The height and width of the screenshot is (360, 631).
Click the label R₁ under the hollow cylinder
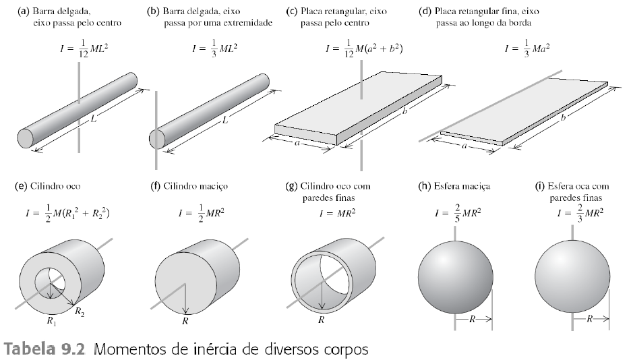pyautogui.click(x=51, y=322)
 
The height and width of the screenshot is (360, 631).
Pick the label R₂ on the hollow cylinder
pyautogui.click(x=80, y=311)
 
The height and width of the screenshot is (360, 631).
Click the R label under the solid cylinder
pyautogui.click(x=185, y=320)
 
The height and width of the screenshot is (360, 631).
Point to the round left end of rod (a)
pyautogui.click(x=26, y=138)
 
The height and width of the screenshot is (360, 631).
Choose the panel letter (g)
pyautogui.click(x=292, y=185)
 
